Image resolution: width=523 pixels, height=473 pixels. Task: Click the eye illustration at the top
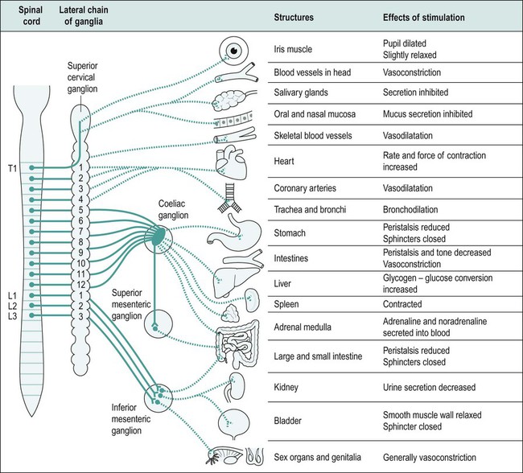[x=236, y=50]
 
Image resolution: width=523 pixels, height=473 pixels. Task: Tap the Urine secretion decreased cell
[x=430, y=387]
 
